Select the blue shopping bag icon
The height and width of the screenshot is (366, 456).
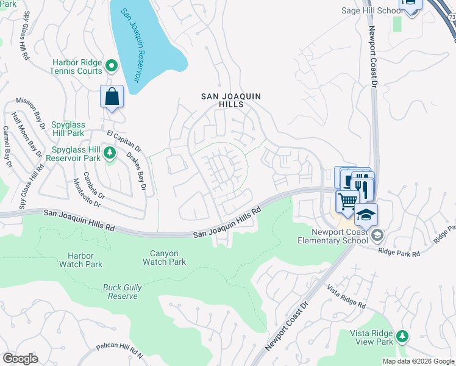[x=112, y=96]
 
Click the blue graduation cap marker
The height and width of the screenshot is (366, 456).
[x=366, y=215]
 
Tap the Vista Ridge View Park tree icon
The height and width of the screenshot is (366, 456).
[x=402, y=335]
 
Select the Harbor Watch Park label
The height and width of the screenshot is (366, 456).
[x=80, y=260]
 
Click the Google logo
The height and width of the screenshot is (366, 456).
[x=20, y=359]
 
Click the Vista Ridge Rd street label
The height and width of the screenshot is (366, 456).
[x=346, y=296]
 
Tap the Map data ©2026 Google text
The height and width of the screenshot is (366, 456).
[x=417, y=361]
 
